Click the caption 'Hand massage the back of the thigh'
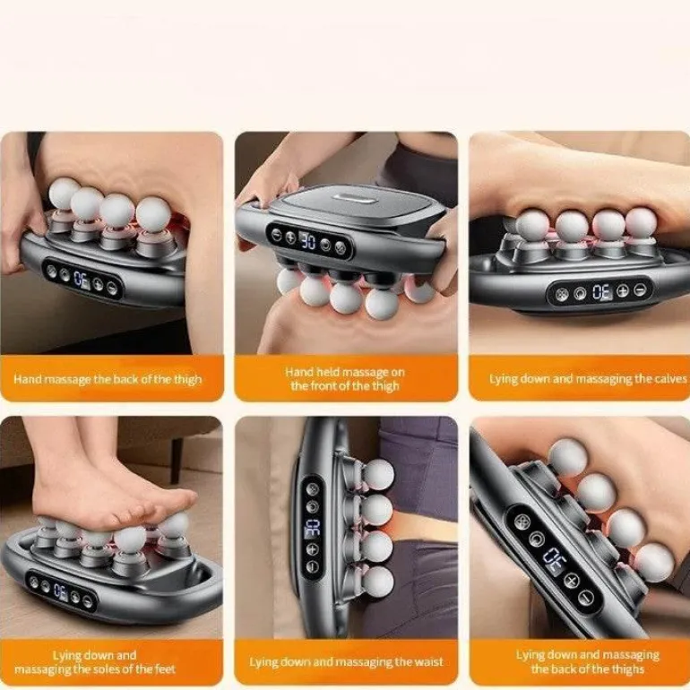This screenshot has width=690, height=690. (108, 379)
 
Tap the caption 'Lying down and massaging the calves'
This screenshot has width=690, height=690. (588, 378)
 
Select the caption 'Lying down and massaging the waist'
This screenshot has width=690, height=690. (346, 662)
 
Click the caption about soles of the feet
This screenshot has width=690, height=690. (95, 662)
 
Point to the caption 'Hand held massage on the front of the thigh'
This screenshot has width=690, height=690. (345, 379)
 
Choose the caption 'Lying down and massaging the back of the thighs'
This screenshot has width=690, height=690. (588, 662)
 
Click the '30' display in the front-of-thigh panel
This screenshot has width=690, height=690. (307, 241)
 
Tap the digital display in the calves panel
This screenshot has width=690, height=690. (601, 292)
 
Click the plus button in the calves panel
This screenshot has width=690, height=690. (623, 290)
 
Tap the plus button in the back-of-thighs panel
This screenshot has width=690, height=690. (571, 581)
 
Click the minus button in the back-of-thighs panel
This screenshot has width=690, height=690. (587, 597)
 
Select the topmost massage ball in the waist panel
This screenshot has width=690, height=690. (377, 475)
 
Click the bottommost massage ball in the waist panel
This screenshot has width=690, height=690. (377, 582)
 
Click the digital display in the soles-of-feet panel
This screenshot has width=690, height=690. (61, 591)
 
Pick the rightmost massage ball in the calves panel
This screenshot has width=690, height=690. (641, 222)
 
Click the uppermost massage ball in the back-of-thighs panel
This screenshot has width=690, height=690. (567, 457)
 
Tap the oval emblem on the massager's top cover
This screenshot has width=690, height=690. (355, 198)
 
